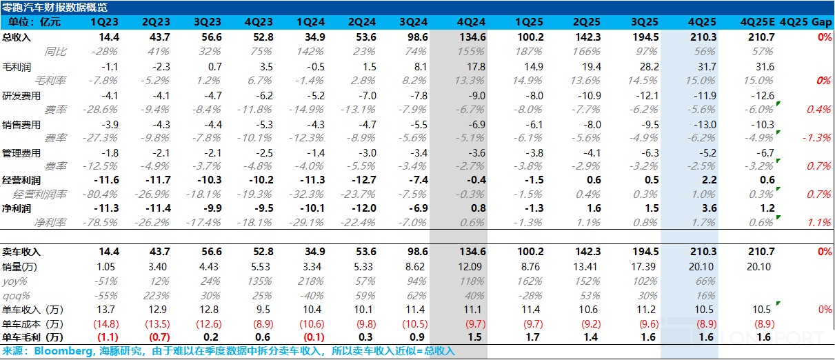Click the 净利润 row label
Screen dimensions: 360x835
[x=17, y=208]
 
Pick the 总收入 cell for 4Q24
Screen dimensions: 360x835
[x=471, y=37]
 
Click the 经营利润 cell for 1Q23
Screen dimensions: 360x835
[x=109, y=180]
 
